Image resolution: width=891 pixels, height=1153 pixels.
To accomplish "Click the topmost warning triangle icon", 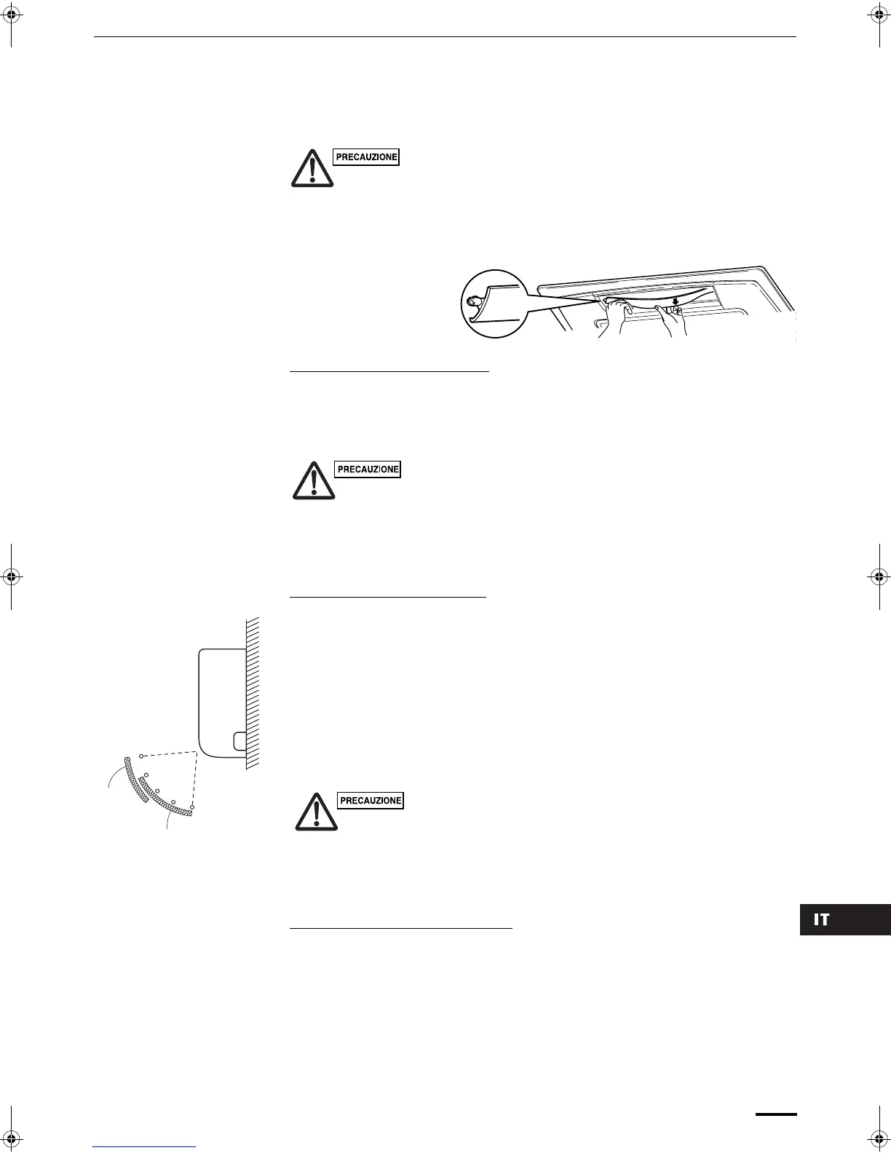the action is pyautogui.click(x=312, y=169).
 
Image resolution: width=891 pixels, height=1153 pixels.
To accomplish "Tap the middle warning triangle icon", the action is pyautogui.click(x=314, y=480).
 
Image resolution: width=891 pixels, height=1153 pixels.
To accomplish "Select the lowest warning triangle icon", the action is pyautogui.click(x=316, y=812).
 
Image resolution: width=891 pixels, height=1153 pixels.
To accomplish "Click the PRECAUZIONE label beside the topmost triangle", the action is pyautogui.click(x=366, y=157).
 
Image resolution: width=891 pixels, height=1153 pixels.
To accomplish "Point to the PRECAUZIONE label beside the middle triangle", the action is pyautogui.click(x=368, y=469).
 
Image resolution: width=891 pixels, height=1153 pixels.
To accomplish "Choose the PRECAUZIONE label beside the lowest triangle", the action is pyautogui.click(x=371, y=801).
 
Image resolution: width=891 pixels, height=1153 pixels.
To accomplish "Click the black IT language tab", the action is pyautogui.click(x=844, y=920).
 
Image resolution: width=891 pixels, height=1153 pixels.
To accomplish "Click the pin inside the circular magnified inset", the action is pyautogui.click(x=475, y=298).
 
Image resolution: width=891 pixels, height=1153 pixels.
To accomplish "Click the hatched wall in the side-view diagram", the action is pyautogui.click(x=253, y=692).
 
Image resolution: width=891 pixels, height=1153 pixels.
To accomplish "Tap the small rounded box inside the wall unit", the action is pyautogui.click(x=239, y=741).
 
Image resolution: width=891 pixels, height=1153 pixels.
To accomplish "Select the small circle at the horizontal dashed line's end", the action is pyautogui.click(x=141, y=756).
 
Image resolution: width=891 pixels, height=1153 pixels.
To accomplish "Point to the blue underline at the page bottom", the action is pyautogui.click(x=145, y=1147).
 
